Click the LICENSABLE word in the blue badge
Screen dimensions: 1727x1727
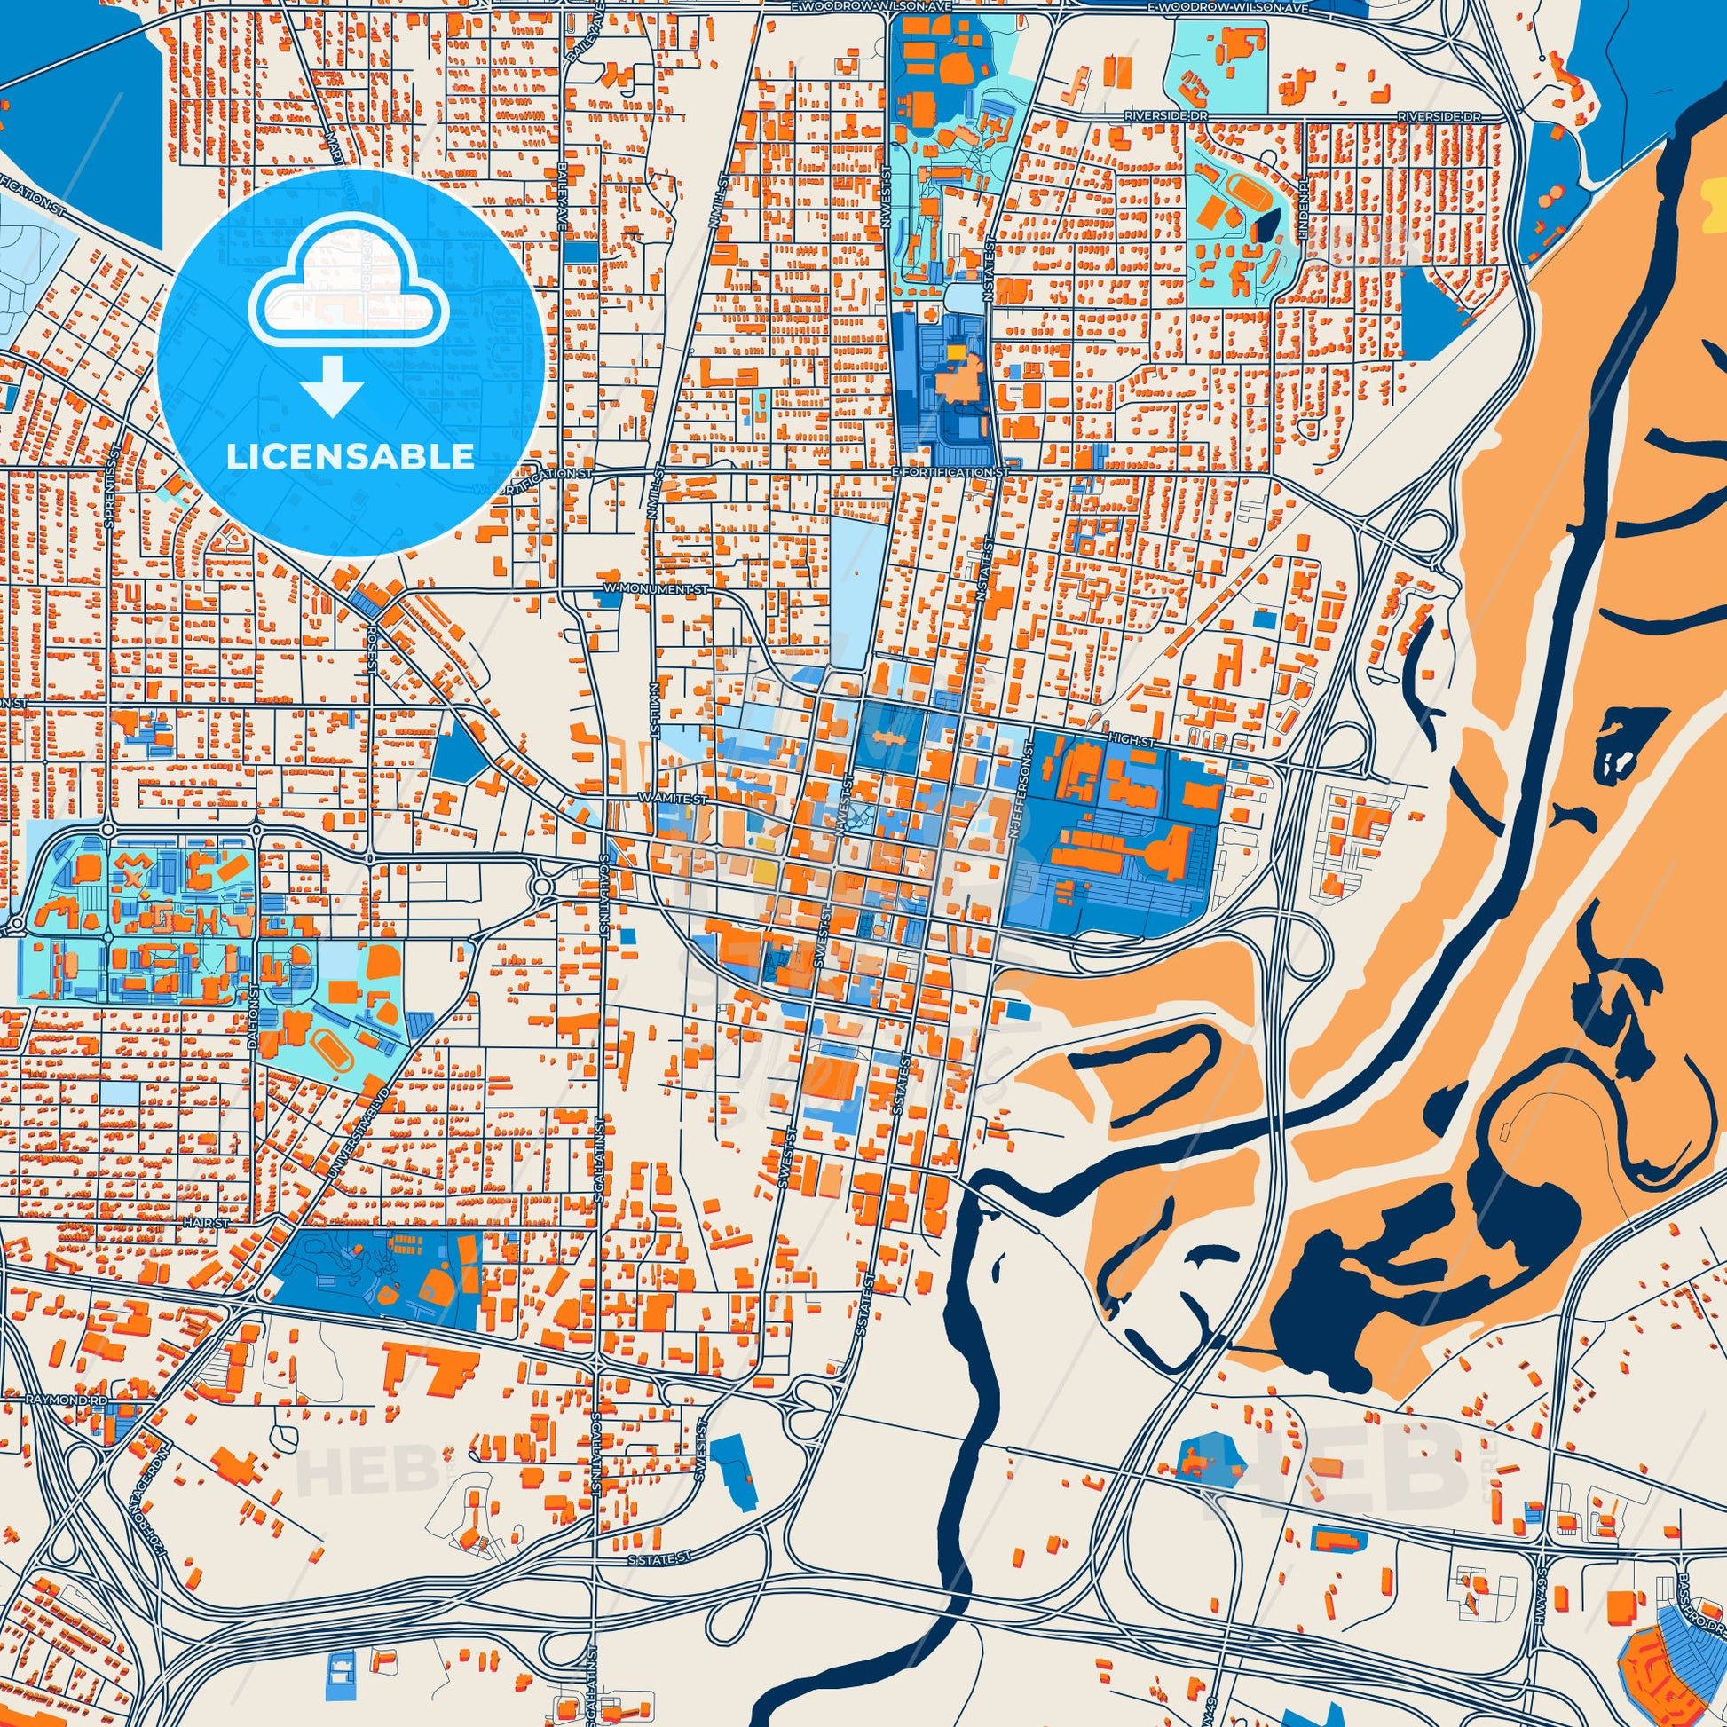click(351, 457)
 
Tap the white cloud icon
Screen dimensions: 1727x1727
click(351, 300)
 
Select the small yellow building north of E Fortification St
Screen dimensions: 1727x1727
click(956, 353)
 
